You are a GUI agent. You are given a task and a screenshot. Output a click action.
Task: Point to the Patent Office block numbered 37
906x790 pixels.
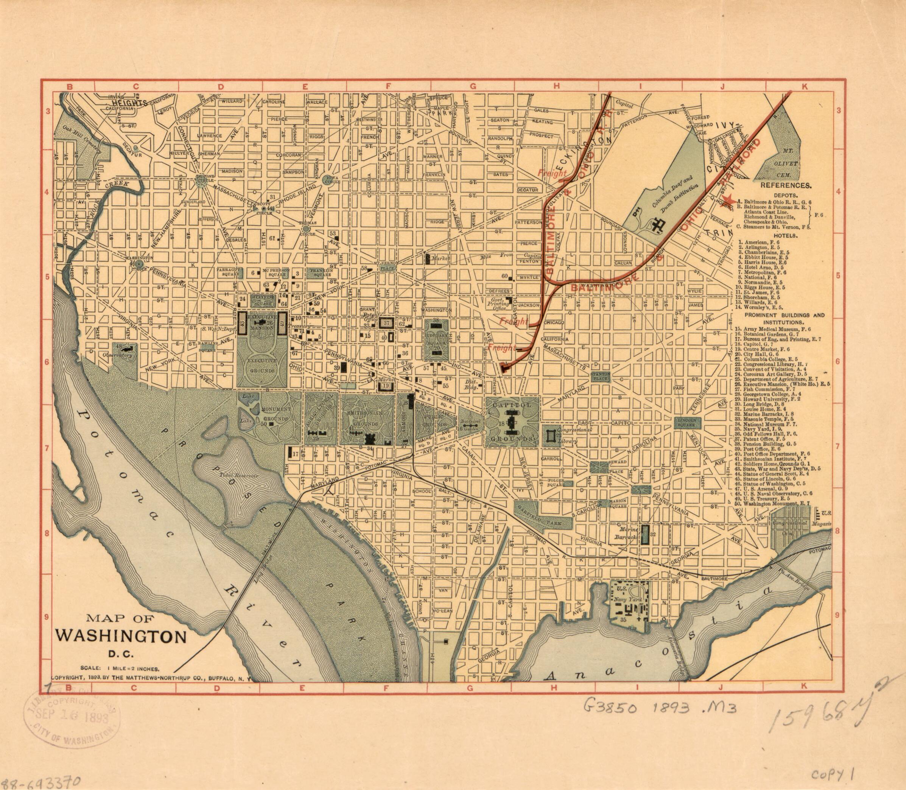click(x=386, y=323)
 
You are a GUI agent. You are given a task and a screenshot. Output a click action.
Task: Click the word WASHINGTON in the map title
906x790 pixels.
click(x=120, y=637)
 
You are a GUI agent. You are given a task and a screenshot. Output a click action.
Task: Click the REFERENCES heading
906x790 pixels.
click(x=785, y=186)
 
